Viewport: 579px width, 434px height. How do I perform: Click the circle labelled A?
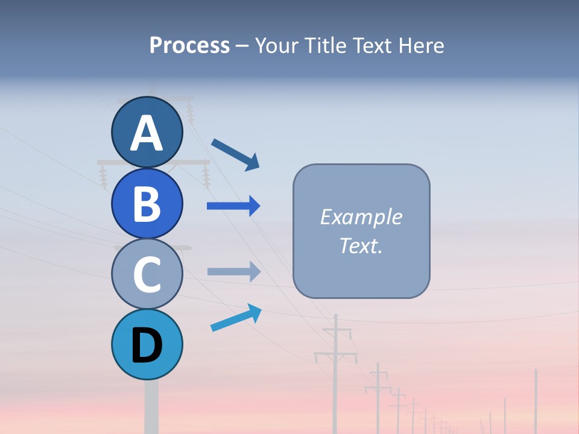point(147,132)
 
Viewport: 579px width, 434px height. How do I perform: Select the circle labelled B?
point(147,203)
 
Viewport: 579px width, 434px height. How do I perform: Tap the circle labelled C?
point(147,274)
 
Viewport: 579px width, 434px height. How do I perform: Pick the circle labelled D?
point(147,345)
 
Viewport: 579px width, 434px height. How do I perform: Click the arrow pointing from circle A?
point(235,154)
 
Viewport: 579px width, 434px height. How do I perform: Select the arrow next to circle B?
point(233,206)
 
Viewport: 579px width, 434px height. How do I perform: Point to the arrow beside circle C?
point(233,271)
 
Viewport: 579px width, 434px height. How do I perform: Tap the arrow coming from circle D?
point(236,318)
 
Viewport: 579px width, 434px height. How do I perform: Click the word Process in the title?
point(189,46)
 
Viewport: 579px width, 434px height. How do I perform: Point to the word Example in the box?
point(361,217)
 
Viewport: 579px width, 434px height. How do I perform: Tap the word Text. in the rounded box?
point(361,245)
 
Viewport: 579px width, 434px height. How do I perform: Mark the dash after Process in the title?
point(242,46)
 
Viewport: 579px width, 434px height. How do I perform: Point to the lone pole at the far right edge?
point(536,401)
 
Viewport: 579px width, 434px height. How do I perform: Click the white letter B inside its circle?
point(147,204)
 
